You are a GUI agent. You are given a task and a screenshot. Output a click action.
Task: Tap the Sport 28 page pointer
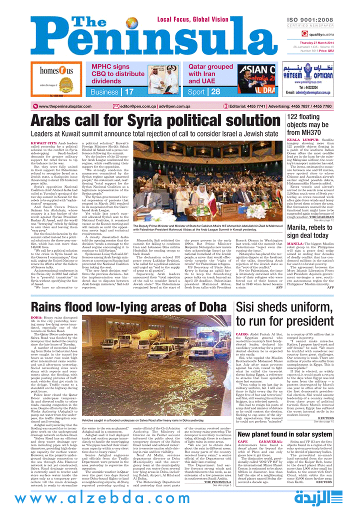pyautogui.click(x=204, y=92)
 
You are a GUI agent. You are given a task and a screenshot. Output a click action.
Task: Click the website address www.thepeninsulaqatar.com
pyautogui.click(x=70, y=106)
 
